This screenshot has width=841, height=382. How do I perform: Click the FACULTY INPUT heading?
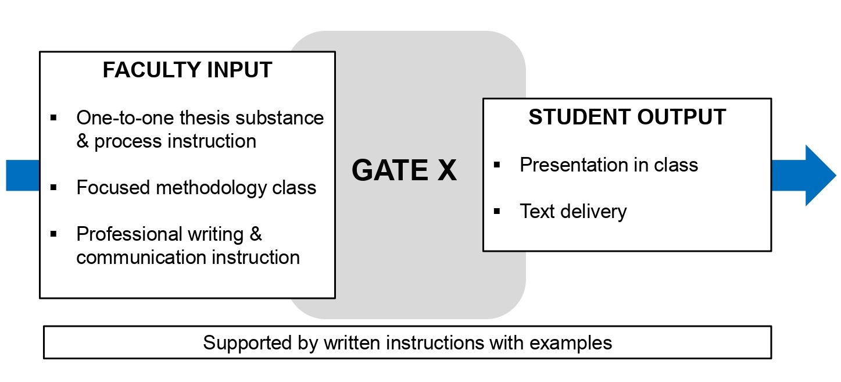click(x=187, y=70)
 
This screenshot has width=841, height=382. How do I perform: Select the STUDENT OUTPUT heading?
click(x=627, y=117)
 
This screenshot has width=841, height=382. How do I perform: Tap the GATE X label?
click(x=404, y=171)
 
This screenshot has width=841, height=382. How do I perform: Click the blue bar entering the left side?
click(x=22, y=175)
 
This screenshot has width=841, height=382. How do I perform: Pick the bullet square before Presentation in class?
click(x=496, y=165)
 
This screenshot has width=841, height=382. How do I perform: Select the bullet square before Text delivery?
click(x=496, y=212)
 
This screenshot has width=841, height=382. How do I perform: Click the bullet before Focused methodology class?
click(x=53, y=188)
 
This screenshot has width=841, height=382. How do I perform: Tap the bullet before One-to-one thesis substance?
click(x=53, y=118)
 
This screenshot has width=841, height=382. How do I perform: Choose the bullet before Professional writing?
click(x=53, y=234)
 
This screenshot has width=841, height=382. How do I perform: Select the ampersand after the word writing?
click(x=256, y=234)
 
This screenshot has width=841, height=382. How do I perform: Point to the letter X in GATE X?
click(x=445, y=171)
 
